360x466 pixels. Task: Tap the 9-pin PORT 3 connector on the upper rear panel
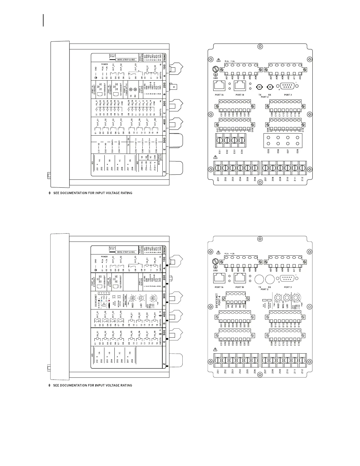[286, 86]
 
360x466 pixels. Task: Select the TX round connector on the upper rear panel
[260, 86]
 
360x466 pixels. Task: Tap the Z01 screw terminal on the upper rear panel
[218, 169]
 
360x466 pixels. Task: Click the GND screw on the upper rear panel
[215, 70]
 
